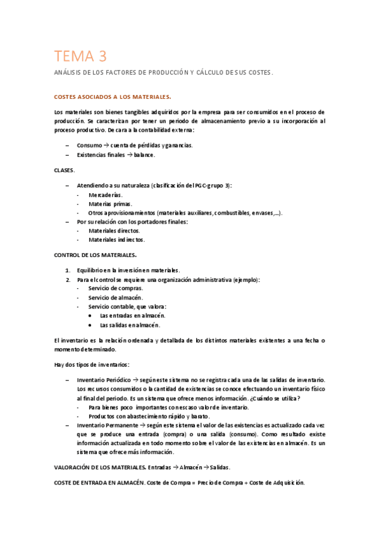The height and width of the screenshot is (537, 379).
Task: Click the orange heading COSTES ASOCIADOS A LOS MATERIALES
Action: [x=113, y=97]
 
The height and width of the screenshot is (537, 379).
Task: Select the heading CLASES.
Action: [x=65, y=170]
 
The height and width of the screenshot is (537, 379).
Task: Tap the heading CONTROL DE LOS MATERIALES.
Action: [x=96, y=255]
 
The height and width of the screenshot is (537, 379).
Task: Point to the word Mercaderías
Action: [x=106, y=195]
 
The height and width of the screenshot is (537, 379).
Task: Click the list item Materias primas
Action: [x=109, y=204]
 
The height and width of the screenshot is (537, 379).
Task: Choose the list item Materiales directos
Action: [x=114, y=231]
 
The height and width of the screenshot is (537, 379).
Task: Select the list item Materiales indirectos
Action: [x=116, y=240]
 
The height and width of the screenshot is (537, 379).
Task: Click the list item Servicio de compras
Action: [x=115, y=288]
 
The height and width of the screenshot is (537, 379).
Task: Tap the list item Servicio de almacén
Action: [x=115, y=298]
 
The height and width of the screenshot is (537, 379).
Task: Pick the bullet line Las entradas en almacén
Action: [x=132, y=315]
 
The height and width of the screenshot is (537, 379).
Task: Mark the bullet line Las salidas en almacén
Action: [x=130, y=325]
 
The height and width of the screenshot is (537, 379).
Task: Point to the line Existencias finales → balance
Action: [x=115, y=155]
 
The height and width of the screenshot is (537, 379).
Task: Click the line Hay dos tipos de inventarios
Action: [x=92, y=364]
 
